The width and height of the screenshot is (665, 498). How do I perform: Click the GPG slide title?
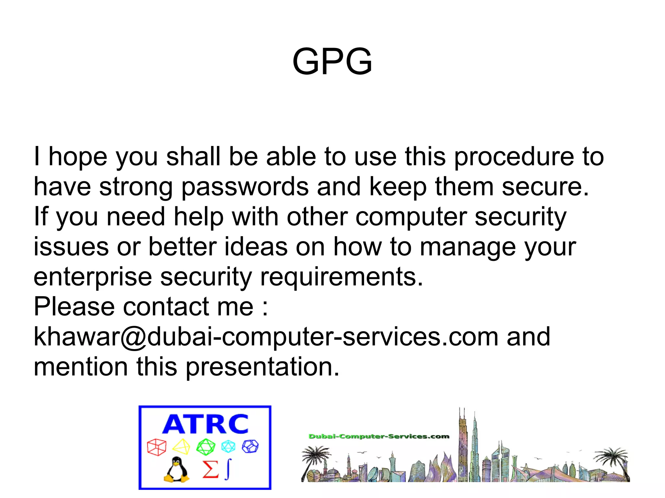click(x=332, y=62)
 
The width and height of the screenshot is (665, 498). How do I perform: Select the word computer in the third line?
click(x=411, y=217)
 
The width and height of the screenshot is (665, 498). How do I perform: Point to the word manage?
click(x=468, y=248)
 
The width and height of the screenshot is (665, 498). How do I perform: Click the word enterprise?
click(x=93, y=278)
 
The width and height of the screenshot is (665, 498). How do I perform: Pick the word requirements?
click(x=342, y=277)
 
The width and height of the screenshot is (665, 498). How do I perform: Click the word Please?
click(x=74, y=307)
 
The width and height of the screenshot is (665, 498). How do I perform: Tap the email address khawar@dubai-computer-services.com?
click(x=266, y=337)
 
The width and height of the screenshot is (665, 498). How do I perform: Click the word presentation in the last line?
click(x=262, y=367)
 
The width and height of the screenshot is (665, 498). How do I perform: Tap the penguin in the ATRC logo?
click(x=176, y=470)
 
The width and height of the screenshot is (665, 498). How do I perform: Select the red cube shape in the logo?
click(x=157, y=447)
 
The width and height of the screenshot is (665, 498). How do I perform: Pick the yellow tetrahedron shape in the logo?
click(x=181, y=447)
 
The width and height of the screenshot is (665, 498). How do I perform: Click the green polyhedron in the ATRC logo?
click(x=206, y=447)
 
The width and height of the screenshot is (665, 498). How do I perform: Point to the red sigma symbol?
click(x=210, y=469)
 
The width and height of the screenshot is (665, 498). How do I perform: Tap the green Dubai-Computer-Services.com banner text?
click(x=379, y=436)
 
